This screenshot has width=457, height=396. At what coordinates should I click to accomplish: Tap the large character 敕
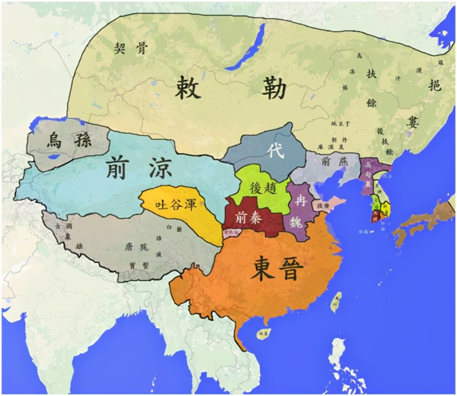coord(187,88)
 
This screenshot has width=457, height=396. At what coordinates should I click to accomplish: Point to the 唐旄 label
coord(136,247)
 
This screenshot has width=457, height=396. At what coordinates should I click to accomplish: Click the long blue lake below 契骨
coord(247,46)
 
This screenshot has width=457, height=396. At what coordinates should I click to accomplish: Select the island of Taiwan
coord(337,302)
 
